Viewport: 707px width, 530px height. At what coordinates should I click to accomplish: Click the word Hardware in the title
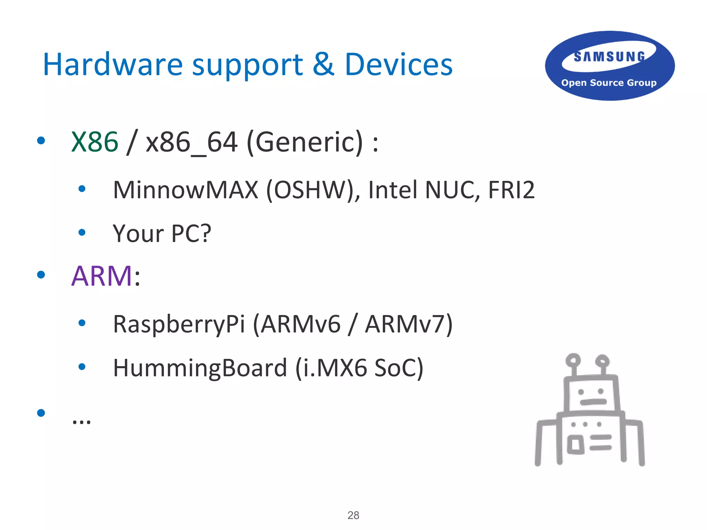click(x=113, y=65)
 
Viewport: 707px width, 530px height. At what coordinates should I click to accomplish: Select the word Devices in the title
click(x=398, y=65)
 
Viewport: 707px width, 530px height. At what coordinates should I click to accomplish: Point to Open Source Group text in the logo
click(x=609, y=83)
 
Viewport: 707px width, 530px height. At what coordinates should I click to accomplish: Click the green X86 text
click(x=95, y=142)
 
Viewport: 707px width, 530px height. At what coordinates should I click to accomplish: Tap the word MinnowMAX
click(x=185, y=190)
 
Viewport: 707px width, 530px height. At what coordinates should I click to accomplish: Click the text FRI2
click(x=511, y=190)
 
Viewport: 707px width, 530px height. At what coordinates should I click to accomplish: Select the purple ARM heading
click(x=101, y=276)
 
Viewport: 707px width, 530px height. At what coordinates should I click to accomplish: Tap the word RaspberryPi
click(x=179, y=324)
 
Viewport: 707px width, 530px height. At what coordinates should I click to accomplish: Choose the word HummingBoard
click(x=200, y=368)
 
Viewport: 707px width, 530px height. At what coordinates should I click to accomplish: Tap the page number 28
click(x=353, y=515)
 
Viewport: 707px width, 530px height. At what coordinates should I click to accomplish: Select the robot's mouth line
click(x=593, y=402)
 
